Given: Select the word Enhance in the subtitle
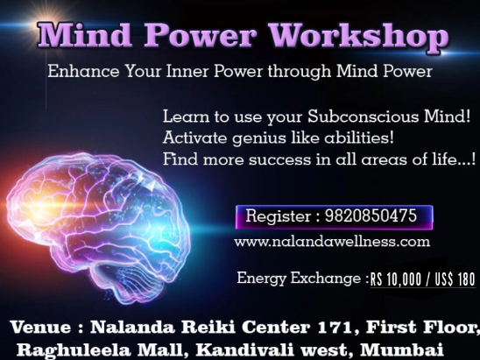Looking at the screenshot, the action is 83,71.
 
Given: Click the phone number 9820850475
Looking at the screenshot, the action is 371,215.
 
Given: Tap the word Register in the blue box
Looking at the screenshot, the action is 279,216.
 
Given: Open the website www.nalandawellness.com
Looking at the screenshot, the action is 332,242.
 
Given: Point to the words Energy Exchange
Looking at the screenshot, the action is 299,279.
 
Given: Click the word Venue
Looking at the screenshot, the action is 40,327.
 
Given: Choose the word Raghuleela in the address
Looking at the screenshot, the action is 74,349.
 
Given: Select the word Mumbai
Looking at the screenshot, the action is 401,349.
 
